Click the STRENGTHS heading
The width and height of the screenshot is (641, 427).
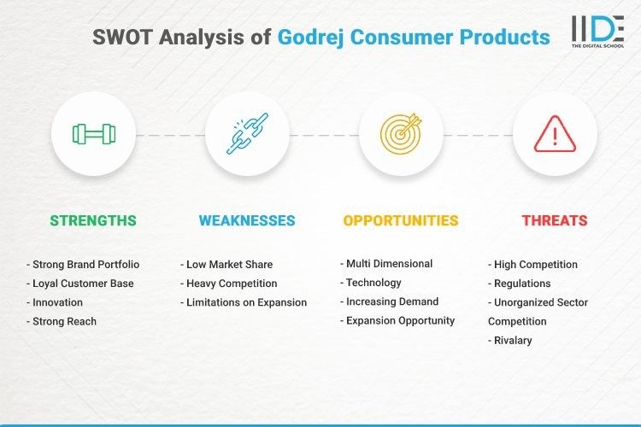click(93, 220)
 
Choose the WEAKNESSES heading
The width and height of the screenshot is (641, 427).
click(247, 220)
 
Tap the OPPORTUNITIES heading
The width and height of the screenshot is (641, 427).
click(401, 220)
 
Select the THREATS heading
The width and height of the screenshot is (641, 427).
click(555, 220)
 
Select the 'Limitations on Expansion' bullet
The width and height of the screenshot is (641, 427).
click(244, 302)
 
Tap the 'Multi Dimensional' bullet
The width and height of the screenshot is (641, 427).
click(385, 263)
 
